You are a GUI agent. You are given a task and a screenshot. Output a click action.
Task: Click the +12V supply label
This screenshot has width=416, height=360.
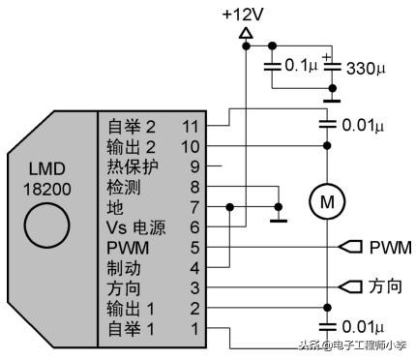point(243,15)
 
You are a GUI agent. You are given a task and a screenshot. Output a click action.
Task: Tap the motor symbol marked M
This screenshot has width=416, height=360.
point(327,202)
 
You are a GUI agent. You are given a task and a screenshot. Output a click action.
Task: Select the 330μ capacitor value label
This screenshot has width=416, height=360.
point(366,69)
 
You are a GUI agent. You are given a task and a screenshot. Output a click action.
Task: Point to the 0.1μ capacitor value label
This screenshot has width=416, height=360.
point(301,65)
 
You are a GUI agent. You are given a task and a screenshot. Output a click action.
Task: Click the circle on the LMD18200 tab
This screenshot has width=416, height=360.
point(47,225)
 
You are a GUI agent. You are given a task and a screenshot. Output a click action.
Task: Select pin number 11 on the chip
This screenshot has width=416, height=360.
point(191,127)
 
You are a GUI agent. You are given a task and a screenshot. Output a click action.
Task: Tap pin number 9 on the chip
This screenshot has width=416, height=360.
point(194,166)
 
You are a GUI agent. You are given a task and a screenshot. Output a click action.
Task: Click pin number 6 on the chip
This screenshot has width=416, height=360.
point(194,227)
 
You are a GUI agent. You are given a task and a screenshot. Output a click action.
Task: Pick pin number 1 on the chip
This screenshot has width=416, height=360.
point(194,329)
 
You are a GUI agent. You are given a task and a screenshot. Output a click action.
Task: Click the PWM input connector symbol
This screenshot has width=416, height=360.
point(350,247)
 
